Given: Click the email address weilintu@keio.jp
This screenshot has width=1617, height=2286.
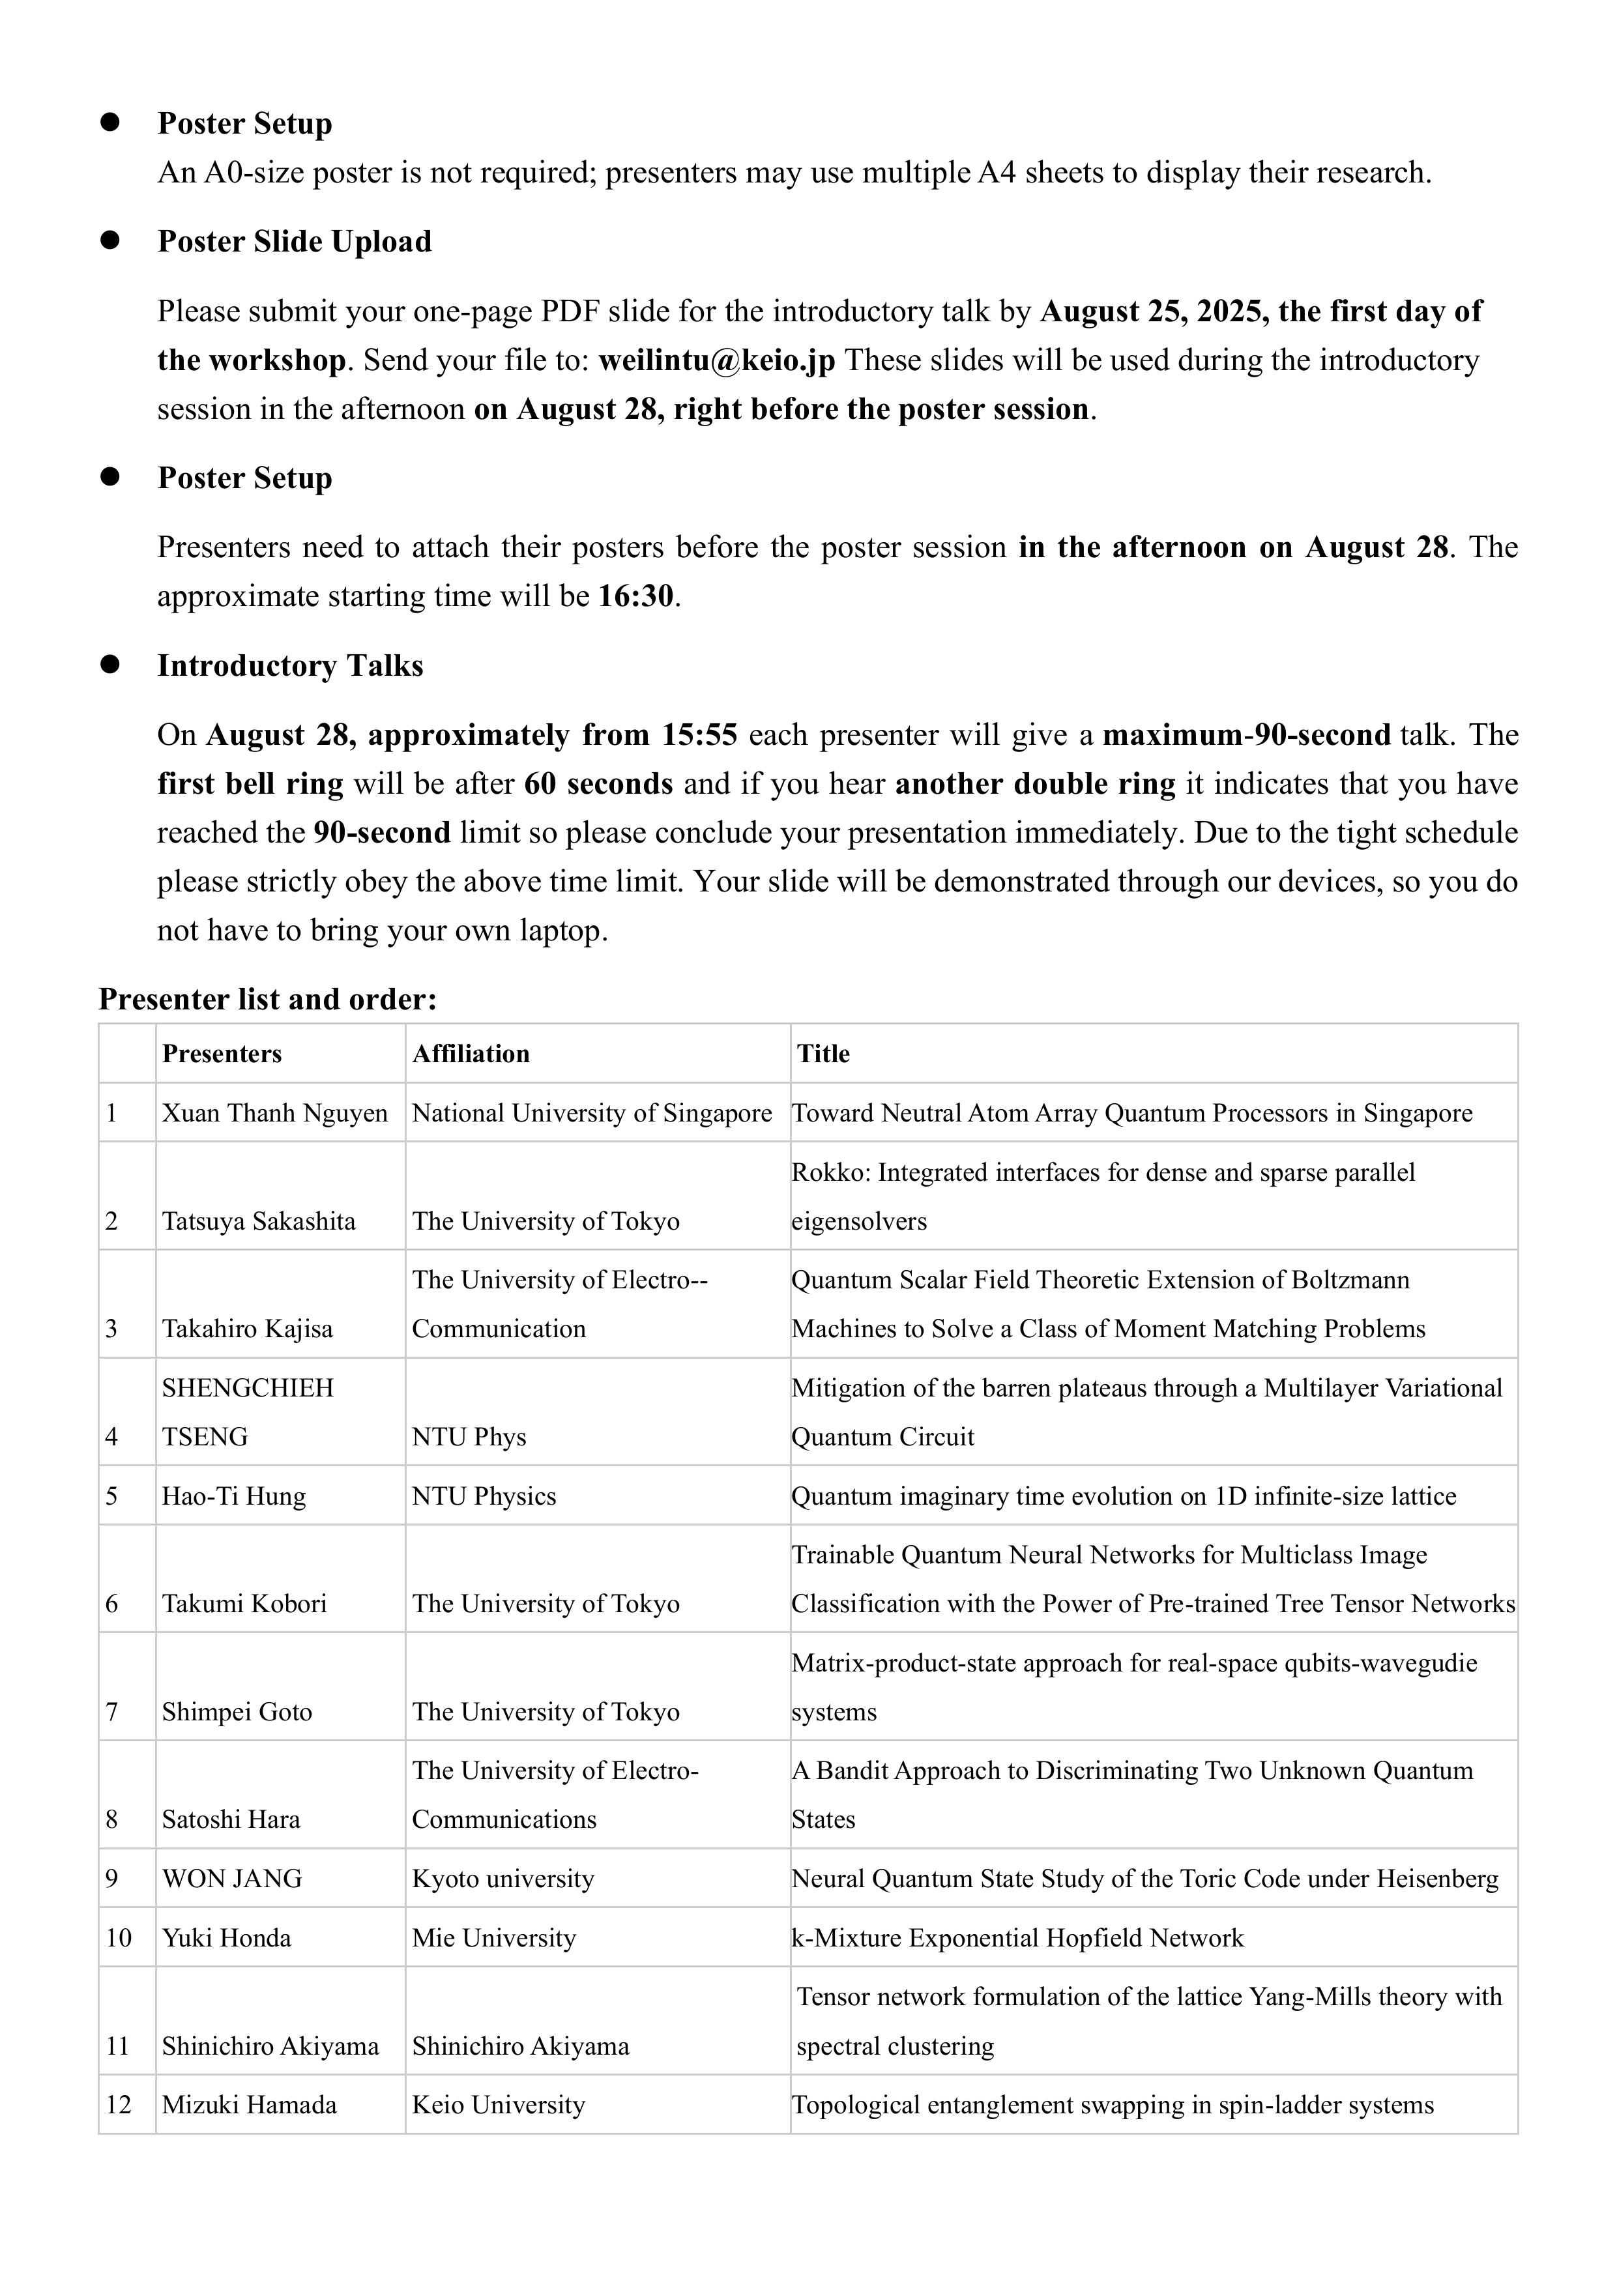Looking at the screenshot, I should (716, 360).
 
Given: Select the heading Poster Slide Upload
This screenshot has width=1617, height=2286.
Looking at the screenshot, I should (294, 242).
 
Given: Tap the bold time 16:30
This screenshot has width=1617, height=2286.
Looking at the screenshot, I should (636, 596).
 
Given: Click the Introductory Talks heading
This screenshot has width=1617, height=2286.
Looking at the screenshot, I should (290, 666).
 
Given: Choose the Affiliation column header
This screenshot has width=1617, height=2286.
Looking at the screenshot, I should (471, 1054).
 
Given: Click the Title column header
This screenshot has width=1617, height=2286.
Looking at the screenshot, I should (823, 1054).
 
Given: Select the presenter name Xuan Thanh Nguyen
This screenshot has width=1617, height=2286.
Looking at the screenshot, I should (275, 1113).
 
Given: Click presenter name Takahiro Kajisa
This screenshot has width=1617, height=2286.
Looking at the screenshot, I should (247, 1329).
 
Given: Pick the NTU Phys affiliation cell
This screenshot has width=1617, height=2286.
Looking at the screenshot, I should (469, 1437).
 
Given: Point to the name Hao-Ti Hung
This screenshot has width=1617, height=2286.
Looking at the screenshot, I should (234, 1496).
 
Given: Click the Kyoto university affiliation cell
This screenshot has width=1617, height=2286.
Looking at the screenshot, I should (503, 1879).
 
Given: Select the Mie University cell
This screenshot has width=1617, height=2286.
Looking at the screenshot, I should (494, 1939).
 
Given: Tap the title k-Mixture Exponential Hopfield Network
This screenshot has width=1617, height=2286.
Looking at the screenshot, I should (1017, 1939).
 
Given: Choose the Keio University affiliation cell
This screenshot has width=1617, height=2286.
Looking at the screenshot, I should (498, 2105).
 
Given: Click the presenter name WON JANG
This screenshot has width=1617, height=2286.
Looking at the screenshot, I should (232, 1879).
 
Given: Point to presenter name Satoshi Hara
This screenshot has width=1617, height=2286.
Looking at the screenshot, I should (231, 1820).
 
